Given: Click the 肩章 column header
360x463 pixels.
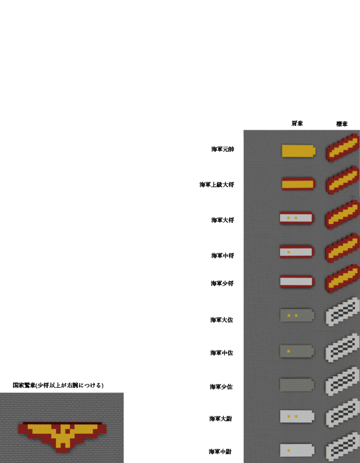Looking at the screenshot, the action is pyautogui.click(x=297, y=123).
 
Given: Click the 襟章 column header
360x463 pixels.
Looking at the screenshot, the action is pyautogui.click(x=341, y=123).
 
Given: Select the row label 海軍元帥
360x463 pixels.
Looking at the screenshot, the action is pyautogui.click(x=223, y=149).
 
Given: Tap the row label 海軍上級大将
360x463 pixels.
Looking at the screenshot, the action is pyautogui.click(x=217, y=185).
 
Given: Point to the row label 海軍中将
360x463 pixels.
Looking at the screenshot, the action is pyautogui.click(x=223, y=255).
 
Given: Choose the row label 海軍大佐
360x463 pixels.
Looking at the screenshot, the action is pyautogui.click(x=222, y=320).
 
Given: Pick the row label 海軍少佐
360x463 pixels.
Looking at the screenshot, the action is pyautogui.click(x=221, y=386).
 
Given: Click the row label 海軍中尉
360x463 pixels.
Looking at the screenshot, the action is pyautogui.click(x=220, y=452).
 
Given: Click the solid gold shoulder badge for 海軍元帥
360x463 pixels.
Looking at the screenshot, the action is pyautogui.click(x=299, y=151).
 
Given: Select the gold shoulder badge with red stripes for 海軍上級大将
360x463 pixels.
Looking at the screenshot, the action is pyautogui.click(x=299, y=184).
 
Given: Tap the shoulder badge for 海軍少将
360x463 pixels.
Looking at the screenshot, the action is pyautogui.click(x=297, y=281).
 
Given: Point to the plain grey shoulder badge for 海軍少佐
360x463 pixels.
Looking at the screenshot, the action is pyautogui.click(x=297, y=385).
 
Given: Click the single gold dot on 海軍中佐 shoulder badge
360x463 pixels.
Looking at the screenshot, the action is pyautogui.click(x=289, y=351).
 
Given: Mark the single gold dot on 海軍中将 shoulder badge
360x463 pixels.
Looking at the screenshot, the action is pyautogui.click(x=289, y=252).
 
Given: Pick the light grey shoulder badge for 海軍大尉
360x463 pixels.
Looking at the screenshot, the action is pyautogui.click(x=297, y=416).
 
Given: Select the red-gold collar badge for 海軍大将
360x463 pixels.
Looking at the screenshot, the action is pyautogui.click(x=343, y=214).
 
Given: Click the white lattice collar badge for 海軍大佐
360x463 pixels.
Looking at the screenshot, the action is pyautogui.click(x=343, y=312).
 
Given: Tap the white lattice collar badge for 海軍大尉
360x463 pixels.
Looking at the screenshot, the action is pyautogui.click(x=343, y=413).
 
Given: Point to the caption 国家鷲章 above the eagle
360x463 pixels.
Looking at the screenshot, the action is pyautogui.click(x=24, y=385).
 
